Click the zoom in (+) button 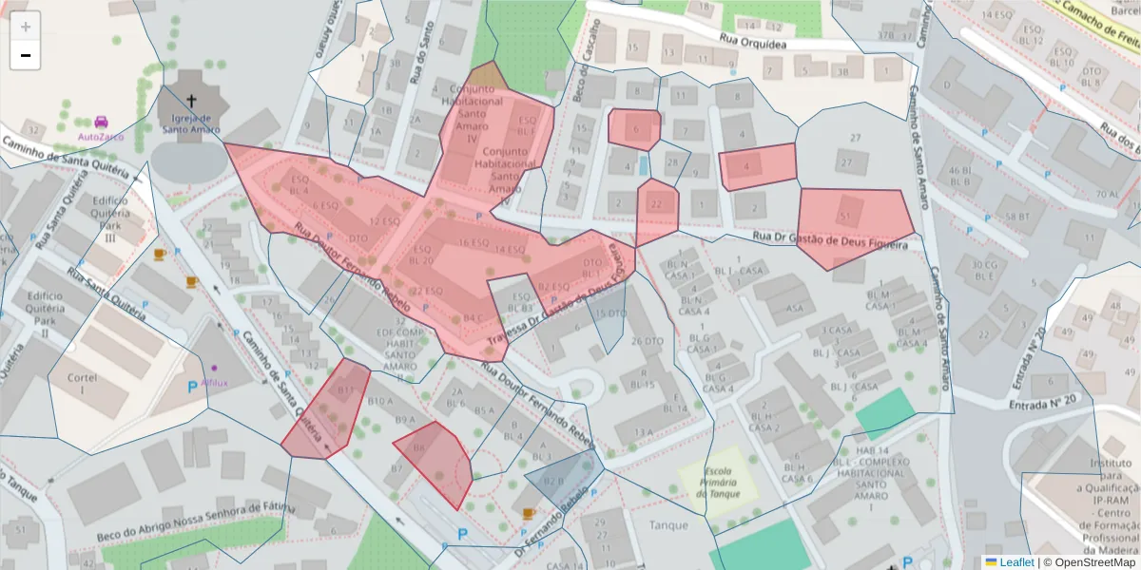pyautogui.click(x=25, y=27)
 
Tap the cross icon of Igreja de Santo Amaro pyautogui.click(x=191, y=101)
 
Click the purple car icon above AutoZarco pyautogui.click(x=101, y=122)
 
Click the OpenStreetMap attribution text pyautogui.click(x=1090, y=561)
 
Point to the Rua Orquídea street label pyautogui.click(x=755, y=41)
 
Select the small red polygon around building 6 pyautogui.click(x=634, y=128)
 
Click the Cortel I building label pyautogui.click(x=83, y=383)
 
